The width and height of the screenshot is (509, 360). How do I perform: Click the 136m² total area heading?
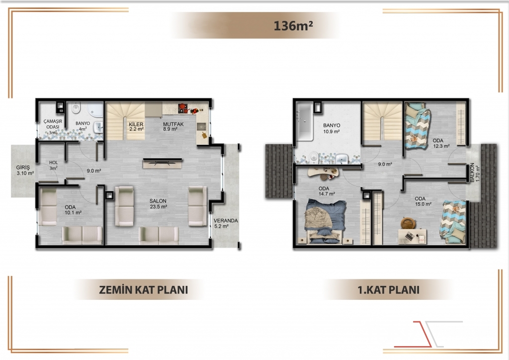[x=293, y=26]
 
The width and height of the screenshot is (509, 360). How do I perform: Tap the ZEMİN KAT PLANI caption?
[x=144, y=289]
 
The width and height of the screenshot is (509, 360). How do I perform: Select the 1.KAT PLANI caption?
[x=388, y=289]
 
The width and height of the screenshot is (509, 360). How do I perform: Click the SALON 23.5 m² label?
[x=158, y=204]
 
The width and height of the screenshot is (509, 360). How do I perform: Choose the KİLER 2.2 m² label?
[x=136, y=127]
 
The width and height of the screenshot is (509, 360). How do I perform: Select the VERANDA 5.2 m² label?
[x=226, y=223]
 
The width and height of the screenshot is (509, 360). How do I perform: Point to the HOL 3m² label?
[x=54, y=165]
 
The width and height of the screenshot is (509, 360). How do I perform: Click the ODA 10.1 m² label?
[x=73, y=210]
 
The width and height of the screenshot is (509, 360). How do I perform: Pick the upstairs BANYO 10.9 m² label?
[x=332, y=129]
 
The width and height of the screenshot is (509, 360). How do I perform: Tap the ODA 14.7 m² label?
[x=326, y=191]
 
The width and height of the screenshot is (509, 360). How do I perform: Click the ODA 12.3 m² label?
[x=441, y=143]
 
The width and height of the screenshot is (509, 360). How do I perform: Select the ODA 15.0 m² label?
[x=423, y=201]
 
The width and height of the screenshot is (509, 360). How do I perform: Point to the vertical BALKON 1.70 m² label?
[x=474, y=172]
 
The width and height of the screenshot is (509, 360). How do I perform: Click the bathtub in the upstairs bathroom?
[x=305, y=121]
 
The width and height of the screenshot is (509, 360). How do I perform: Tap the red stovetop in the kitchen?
[x=183, y=108]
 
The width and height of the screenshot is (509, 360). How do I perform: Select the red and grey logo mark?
[x=428, y=334]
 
